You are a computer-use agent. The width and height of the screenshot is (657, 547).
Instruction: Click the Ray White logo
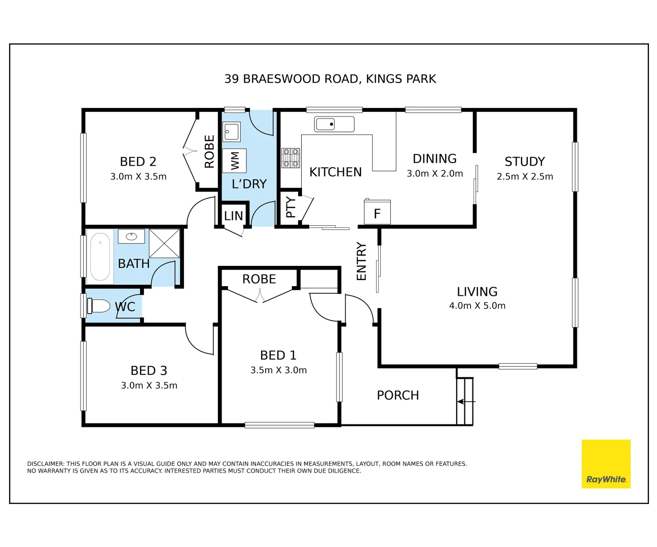click(606, 464)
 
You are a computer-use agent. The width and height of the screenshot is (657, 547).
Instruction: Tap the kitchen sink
click(334, 124)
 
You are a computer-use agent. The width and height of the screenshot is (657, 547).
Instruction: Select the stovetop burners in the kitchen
click(290, 158)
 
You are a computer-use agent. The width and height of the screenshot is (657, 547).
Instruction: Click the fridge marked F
click(377, 212)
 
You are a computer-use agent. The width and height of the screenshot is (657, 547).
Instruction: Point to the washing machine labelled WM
click(234, 161)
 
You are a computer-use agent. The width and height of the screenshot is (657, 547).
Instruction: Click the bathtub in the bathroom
click(100, 256)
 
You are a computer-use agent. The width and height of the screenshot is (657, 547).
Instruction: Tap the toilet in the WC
click(98, 306)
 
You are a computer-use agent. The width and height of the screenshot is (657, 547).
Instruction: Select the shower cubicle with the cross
click(164, 243)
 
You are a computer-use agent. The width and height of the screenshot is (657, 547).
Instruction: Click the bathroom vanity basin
click(131, 236)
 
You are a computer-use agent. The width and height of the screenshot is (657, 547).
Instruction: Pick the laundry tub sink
click(232, 132)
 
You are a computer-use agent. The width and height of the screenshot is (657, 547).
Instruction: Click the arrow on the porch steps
click(466, 402)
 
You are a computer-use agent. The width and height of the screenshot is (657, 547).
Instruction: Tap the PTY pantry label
click(291, 207)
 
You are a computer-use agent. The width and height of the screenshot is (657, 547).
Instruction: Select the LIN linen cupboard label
click(234, 216)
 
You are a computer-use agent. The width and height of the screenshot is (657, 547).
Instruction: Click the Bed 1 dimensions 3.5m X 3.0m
click(278, 370)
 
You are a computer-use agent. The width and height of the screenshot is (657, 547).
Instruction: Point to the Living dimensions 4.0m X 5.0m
click(478, 305)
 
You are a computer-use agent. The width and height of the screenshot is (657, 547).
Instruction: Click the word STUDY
click(525, 162)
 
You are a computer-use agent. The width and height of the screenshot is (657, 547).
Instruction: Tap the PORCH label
click(398, 395)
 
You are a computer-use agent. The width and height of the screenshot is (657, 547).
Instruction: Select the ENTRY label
click(361, 261)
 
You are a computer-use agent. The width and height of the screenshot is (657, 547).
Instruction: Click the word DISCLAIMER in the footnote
click(46, 464)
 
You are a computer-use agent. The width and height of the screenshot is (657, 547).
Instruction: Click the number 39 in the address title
click(232, 79)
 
